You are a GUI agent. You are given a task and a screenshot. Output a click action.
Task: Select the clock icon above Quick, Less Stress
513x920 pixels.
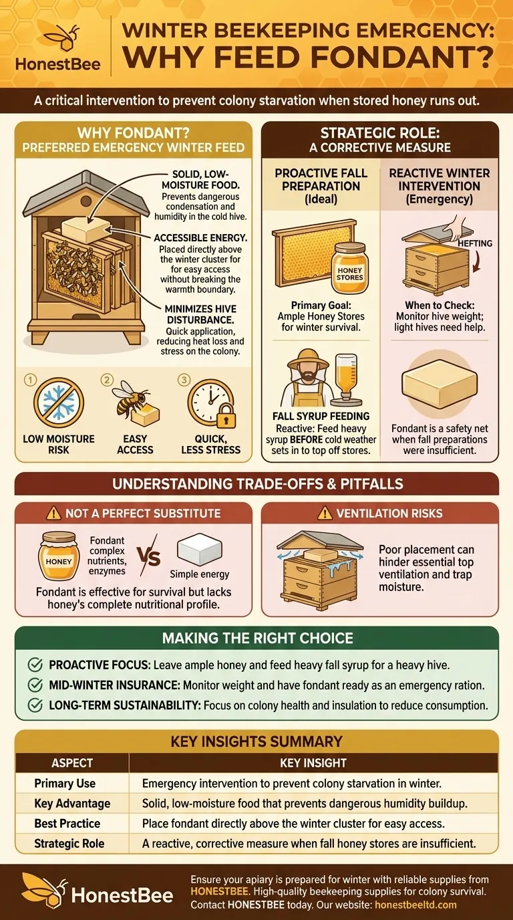pos(208,401)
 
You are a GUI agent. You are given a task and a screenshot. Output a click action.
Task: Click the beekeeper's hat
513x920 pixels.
pos(308,358)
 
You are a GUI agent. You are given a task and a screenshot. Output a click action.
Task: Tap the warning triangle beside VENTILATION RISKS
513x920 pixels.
pos(325,513)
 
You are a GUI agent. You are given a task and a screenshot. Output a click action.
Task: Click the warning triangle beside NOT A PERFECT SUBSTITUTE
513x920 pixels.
pos(54,513)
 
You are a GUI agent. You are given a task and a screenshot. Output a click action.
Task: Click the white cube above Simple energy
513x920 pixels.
pos(199,550)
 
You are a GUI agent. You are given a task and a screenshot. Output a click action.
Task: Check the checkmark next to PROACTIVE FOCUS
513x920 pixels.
pos(35,665)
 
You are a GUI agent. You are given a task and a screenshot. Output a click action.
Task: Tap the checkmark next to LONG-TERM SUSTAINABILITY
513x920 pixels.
pos(35,705)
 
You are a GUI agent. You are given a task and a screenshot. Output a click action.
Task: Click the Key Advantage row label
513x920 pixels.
pos(72,803)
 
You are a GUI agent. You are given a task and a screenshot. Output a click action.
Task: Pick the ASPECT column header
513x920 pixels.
pos(72,763)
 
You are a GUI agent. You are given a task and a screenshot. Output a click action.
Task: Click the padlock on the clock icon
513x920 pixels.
pos(226,419)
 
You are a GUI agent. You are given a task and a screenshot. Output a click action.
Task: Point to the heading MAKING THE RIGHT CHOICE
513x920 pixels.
pos(256,639)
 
